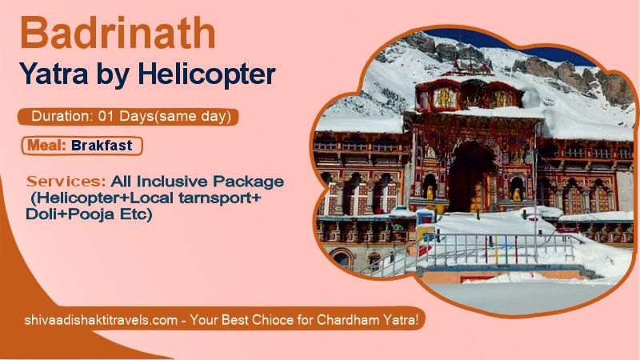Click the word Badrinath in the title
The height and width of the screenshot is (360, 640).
tap(118, 34)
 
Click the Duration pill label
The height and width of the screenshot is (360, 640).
tap(128, 117)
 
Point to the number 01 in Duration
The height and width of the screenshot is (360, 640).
tap(106, 117)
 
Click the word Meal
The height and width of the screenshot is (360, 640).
tap(46, 146)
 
